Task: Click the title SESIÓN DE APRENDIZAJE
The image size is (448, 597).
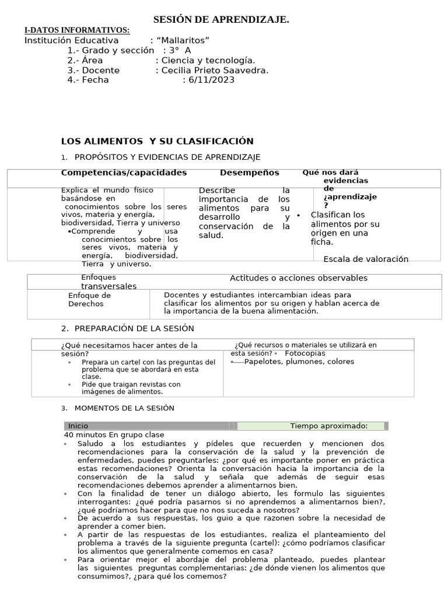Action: point(221,20)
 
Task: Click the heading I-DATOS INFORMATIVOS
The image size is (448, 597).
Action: point(76,30)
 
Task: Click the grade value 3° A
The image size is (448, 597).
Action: point(180,50)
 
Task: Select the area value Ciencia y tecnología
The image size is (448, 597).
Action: point(208,60)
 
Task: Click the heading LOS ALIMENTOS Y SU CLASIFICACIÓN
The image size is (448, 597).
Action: point(157,141)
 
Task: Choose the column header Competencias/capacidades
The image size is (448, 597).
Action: point(124,173)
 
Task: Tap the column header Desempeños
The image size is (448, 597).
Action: point(249,173)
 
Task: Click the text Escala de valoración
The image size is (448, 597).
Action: point(366,259)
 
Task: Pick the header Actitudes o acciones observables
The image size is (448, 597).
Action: point(299,278)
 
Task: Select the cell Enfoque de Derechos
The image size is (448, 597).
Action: point(89,299)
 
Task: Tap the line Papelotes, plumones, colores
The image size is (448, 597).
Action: point(299,361)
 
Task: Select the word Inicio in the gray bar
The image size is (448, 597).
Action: point(78,426)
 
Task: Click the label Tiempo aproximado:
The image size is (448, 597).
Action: point(328,426)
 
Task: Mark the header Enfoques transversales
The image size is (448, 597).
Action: point(108,282)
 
